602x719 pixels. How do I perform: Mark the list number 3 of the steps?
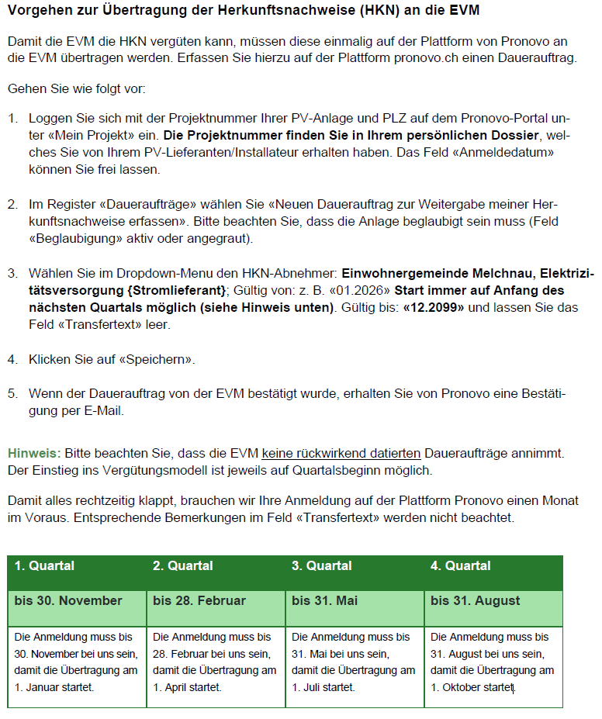[x=12, y=273]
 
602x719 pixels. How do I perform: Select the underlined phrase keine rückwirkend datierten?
[x=341, y=452]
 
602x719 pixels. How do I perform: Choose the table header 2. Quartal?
[x=182, y=565]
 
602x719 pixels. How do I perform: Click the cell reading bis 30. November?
[x=68, y=601]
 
